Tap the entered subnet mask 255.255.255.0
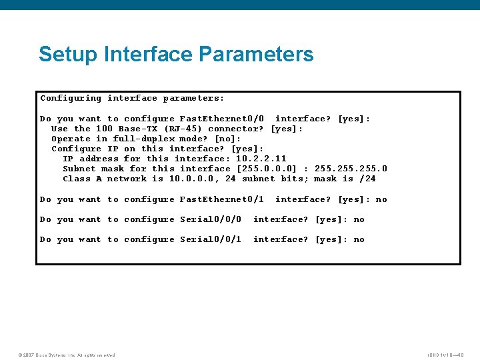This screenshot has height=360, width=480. click(350, 169)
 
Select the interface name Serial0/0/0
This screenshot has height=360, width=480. click(211, 219)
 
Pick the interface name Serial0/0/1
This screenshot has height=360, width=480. click(211, 239)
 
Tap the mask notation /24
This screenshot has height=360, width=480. click(367, 179)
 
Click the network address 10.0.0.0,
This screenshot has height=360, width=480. click(194, 179)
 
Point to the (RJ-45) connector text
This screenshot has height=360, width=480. click(183, 129)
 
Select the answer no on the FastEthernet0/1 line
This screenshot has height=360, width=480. click(381, 199)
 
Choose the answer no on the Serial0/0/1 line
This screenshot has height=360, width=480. click(359, 239)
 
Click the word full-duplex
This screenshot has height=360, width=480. click(143, 139)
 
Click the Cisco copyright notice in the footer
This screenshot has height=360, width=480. click(67, 355)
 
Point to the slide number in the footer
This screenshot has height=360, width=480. click(445, 355)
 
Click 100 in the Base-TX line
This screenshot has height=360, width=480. click(104, 129)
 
